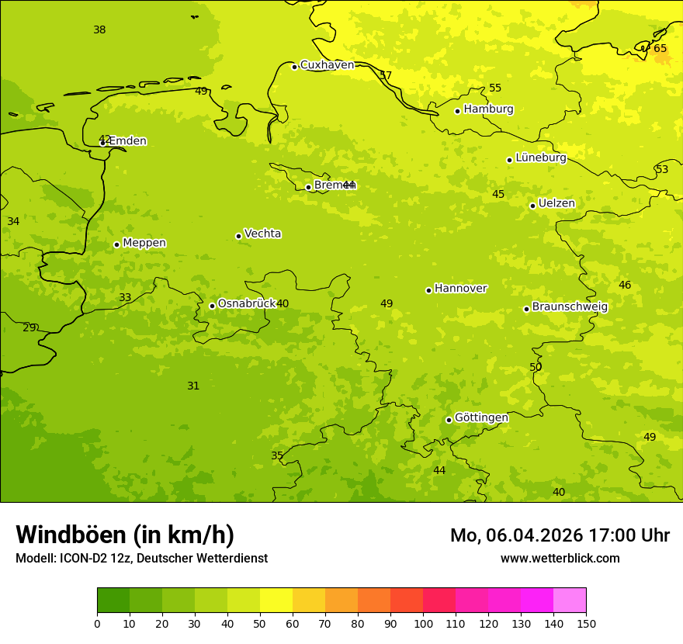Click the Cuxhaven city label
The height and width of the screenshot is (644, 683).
(327, 65)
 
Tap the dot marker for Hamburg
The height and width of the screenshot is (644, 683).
(457, 111)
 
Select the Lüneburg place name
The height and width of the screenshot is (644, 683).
(540, 158)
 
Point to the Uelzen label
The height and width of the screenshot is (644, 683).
(556, 203)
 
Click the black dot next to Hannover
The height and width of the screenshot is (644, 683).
(428, 290)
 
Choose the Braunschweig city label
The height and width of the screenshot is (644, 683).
(570, 306)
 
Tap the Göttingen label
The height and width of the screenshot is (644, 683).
(481, 417)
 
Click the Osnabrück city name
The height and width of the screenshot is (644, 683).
(246, 303)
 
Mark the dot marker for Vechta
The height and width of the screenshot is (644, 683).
(238, 236)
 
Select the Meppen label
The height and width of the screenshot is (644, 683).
(144, 243)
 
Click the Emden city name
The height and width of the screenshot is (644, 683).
(127, 141)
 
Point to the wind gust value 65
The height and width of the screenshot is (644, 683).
(660, 49)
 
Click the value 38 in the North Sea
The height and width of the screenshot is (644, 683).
(99, 30)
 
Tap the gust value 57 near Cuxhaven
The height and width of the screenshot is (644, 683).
(386, 75)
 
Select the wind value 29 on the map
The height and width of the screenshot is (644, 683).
(29, 327)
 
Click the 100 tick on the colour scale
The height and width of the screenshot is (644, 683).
(423, 623)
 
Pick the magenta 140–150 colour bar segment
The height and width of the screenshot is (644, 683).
(570, 600)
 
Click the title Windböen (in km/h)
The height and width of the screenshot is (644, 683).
(125, 535)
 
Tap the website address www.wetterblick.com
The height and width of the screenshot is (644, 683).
(560, 558)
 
